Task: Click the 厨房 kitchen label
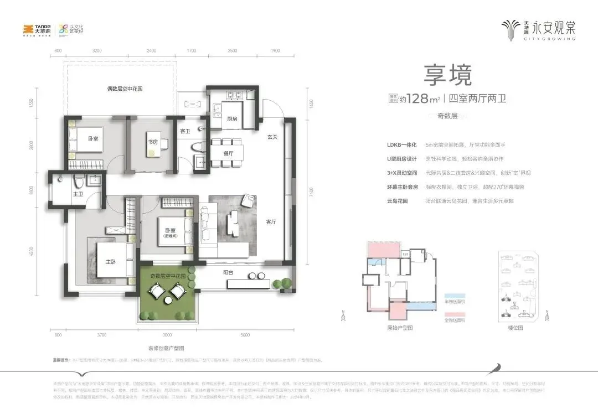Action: (233, 118)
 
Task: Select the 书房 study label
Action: (153, 141)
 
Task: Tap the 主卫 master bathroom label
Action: (78, 194)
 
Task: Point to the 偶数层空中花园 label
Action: (125, 89)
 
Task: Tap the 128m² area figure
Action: (423, 100)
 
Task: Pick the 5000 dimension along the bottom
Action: (246, 335)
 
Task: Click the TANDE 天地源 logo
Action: (37, 29)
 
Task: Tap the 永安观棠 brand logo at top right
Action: (538, 29)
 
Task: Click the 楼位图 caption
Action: (515, 328)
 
